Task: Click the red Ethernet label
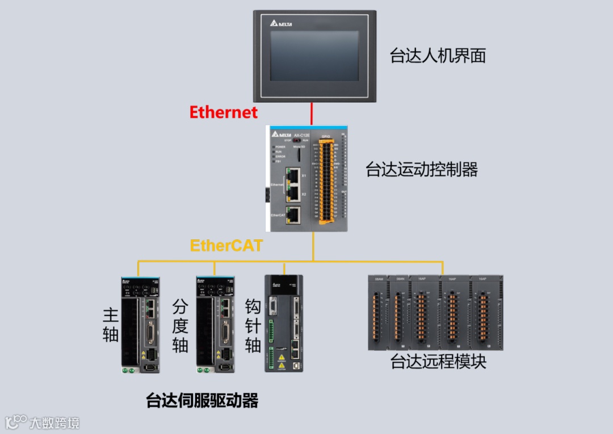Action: coord(224,112)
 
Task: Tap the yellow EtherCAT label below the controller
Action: coord(226,246)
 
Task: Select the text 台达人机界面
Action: coord(438,56)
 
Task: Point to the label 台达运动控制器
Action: coord(422,169)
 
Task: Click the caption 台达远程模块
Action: coord(438,361)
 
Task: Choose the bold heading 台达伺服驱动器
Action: coord(202,401)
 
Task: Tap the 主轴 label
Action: coord(111,325)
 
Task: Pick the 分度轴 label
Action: coord(180,326)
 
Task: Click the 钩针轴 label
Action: coord(253,326)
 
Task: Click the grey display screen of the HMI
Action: coord(314,56)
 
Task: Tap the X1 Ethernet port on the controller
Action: coord(293,175)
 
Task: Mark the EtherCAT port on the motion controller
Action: coord(293,214)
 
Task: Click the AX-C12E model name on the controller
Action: coord(301,135)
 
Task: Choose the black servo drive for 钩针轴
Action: coord(284,323)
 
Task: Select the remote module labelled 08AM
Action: coord(379,312)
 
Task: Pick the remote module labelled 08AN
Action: coord(401,312)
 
